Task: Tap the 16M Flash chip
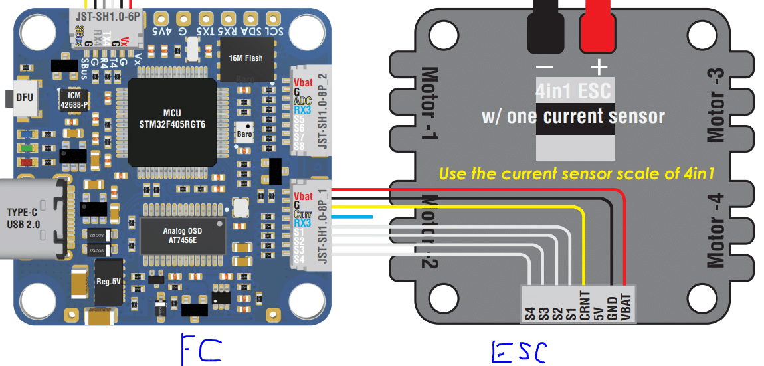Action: [245, 58]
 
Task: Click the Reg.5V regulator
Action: [108, 281]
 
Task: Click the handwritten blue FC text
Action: [201, 349]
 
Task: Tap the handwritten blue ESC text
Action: [520, 351]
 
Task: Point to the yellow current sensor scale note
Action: [576, 175]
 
